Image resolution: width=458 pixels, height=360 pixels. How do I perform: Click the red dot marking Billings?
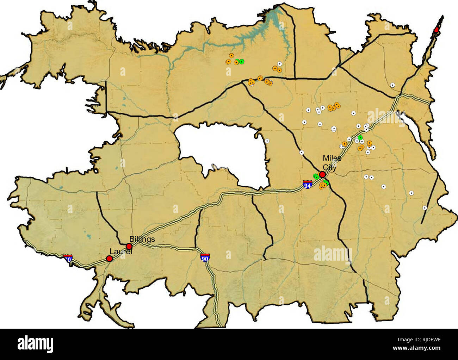coord(129,246)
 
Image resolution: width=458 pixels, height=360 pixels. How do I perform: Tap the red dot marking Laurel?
coord(109,259)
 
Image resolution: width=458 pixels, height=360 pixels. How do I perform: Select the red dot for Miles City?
coord(322,174)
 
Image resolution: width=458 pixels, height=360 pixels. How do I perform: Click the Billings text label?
coord(142,239)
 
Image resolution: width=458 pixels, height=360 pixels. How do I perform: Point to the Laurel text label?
coord(120,252)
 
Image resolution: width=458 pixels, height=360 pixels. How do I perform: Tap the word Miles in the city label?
coord(332,158)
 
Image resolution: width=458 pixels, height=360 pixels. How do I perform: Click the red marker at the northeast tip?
coord(437,30)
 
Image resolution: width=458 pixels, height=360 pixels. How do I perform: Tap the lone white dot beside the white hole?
coord(267,141)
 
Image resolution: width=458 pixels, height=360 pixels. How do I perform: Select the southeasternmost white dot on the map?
coord(425,208)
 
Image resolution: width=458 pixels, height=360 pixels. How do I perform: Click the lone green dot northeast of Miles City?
coord(360,137)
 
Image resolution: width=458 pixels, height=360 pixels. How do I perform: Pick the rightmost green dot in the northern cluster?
coord(242,62)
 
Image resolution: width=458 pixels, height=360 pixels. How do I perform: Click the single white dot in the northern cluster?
coord(279,64)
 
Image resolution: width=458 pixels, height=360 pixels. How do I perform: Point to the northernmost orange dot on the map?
coord(231,56)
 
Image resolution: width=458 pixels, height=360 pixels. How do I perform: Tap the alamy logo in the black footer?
coord(36,344)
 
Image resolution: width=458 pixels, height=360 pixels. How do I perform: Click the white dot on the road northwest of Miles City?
coord(302,153)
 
